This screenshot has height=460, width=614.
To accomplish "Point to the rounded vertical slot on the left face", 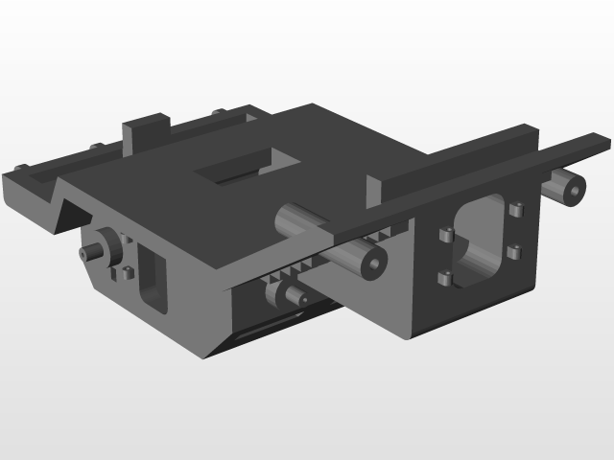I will coord(152,278).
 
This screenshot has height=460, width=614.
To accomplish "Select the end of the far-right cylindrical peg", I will coord(573,190).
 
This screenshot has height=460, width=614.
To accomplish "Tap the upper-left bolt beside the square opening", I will coord(444,235).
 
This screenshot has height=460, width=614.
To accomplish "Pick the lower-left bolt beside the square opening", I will coord(444,279).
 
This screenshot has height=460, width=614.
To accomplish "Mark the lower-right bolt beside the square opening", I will coord(514,253).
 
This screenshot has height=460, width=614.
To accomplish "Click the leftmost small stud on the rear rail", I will coord(96,147).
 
